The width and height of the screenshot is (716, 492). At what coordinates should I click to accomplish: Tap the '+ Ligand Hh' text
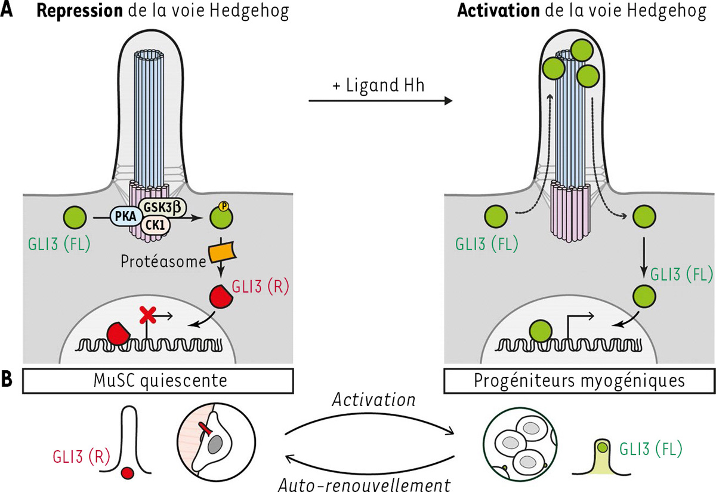[378, 85]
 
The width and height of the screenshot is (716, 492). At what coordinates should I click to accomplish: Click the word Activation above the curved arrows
[374, 399]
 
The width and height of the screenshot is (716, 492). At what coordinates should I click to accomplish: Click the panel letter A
[8, 11]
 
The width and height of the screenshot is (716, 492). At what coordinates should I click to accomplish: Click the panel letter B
[8, 378]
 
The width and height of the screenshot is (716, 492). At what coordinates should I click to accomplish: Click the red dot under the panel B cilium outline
[126, 473]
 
